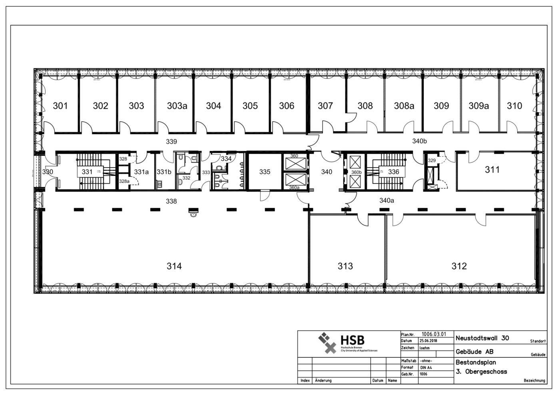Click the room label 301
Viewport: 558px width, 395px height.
[60, 106]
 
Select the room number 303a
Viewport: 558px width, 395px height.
[177, 106]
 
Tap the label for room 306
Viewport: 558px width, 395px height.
[287, 106]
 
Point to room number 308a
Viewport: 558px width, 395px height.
[404, 106]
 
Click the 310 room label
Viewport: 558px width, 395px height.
[514, 106]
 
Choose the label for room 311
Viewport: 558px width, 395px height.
[492, 170]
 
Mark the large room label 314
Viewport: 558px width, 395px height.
[174, 266]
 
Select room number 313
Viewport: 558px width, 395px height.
[345, 266]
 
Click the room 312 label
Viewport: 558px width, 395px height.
[459, 266]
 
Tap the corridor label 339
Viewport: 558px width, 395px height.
[171, 142]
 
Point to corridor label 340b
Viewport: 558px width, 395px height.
[420, 141]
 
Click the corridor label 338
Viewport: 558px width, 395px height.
[171, 201]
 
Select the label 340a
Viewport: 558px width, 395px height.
[387, 201]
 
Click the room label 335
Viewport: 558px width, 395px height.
[265, 172]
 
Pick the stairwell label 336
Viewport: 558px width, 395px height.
[394, 172]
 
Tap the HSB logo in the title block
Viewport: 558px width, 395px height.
[342, 342]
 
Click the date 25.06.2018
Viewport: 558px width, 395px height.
[428, 341]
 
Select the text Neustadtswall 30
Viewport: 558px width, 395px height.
[482, 338]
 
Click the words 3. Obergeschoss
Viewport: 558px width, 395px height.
[481, 372]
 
